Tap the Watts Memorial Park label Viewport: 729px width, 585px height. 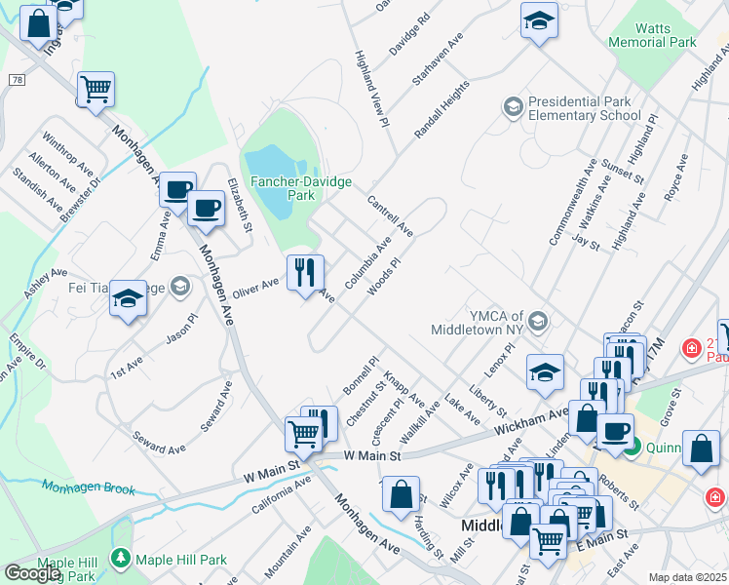pyautogui.click(x=652, y=36)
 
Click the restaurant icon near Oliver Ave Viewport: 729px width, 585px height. pyautogui.click(x=305, y=273)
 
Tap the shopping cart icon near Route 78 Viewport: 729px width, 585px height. pyautogui.click(x=96, y=90)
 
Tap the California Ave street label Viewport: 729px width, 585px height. pyautogui.click(x=281, y=495)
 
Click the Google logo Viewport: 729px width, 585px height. pyautogui.click(x=32, y=572)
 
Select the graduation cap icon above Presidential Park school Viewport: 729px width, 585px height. pyautogui.click(x=539, y=21)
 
